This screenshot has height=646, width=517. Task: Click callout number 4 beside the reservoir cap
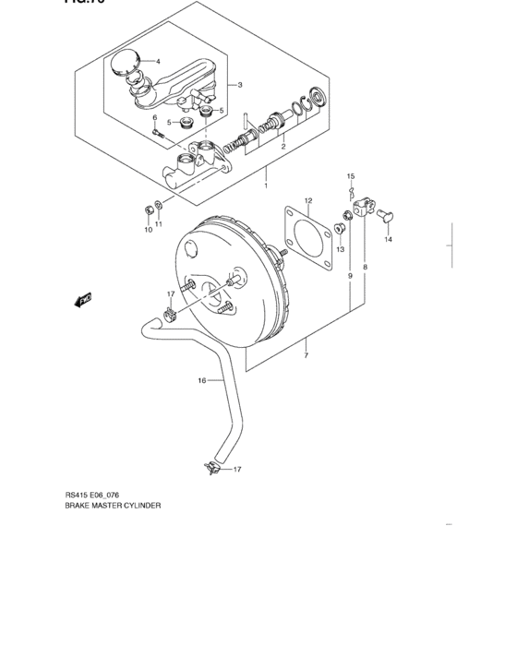click(158, 62)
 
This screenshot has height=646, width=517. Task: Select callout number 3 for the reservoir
click(239, 86)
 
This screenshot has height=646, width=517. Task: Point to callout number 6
click(155, 118)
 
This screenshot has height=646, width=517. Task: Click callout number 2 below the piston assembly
click(283, 147)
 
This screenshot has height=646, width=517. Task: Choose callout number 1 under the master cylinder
click(266, 185)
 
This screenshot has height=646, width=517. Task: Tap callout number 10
click(148, 230)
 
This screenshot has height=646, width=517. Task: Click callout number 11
click(159, 224)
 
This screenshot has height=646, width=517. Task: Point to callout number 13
click(340, 249)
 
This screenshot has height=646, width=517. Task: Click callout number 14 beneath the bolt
click(389, 240)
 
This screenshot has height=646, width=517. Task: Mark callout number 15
click(351, 175)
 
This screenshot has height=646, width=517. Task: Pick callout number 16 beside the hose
click(201, 380)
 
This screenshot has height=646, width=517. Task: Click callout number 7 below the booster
click(306, 353)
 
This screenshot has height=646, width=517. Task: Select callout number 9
click(350, 276)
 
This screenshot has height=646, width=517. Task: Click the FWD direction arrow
click(83, 299)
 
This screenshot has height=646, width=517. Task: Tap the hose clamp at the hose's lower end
click(210, 470)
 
